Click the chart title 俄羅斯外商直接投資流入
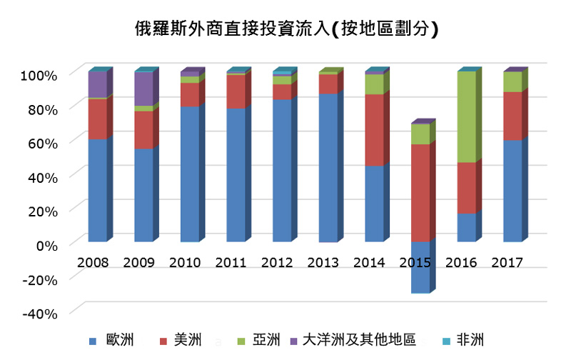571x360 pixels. point(285,29)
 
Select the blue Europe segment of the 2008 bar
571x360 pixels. point(98,190)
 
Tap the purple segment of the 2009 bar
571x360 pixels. point(143,89)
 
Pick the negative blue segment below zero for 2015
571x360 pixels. point(420,266)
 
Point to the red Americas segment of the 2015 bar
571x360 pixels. point(420,192)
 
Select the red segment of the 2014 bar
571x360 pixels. point(374,129)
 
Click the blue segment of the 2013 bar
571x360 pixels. point(328,168)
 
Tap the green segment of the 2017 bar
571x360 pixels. point(512,81)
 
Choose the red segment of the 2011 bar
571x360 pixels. point(236,91)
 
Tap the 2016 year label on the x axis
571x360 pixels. point(462,262)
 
